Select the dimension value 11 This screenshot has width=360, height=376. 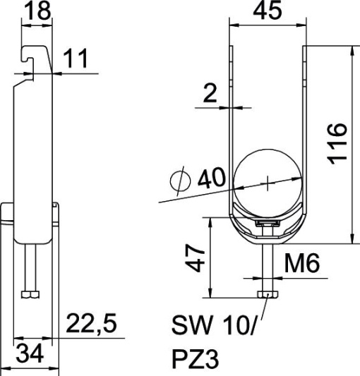(x=78, y=59)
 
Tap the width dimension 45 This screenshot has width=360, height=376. (x=268, y=12)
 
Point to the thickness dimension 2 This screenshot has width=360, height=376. (x=210, y=93)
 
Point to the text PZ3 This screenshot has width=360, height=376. (x=195, y=360)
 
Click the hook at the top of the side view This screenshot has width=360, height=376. (x=32, y=56)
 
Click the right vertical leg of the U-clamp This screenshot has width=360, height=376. (x=306, y=127)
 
